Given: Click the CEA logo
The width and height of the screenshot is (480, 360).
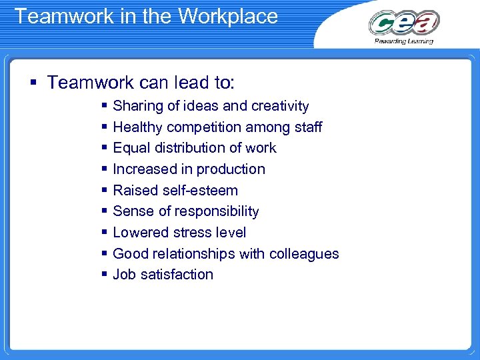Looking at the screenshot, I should coord(404,23).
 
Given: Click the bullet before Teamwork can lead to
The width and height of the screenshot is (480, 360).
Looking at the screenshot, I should coord(33,83).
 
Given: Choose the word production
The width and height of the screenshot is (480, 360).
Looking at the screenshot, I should coord(233,169).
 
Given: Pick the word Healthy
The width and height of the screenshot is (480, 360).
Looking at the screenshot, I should coord(138,127).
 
